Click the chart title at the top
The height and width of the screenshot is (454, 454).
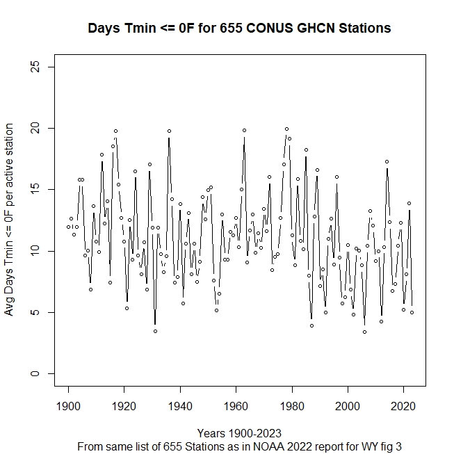[239, 29]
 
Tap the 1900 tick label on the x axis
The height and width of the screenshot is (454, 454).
[68, 405]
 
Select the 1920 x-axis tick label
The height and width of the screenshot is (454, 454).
[124, 405]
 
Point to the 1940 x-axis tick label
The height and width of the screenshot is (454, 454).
[180, 405]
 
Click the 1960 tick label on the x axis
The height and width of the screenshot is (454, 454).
[236, 405]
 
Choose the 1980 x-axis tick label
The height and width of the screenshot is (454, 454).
[292, 405]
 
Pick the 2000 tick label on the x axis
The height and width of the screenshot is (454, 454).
[348, 405]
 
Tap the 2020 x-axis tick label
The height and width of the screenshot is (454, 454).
[404, 405]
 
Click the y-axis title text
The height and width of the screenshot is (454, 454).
[10, 220]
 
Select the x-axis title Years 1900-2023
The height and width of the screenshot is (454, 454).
[239, 432]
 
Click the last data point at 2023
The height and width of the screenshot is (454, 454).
[412, 312]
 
